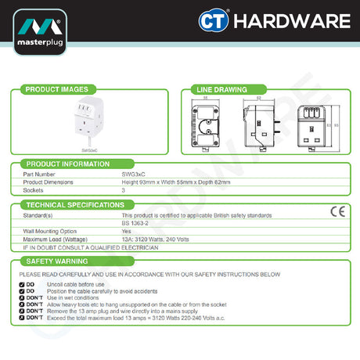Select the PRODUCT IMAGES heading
[55, 90]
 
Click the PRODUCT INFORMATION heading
[67, 164]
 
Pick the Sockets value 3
[124, 190]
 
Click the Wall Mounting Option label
[51, 232]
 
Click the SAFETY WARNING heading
[56, 261]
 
